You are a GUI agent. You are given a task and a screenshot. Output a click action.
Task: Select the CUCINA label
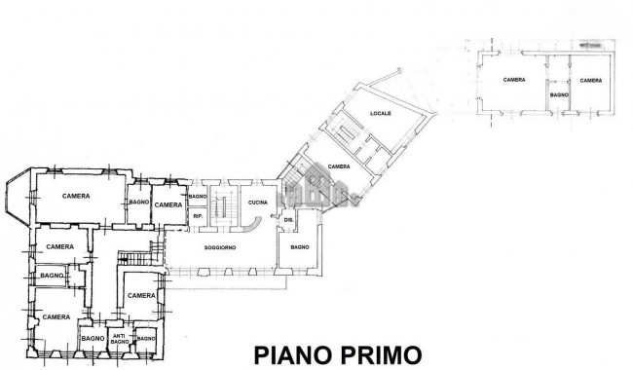click(258, 202)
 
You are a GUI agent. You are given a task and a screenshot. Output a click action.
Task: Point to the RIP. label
click(197, 215)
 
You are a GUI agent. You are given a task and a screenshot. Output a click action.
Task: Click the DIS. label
click(288, 220)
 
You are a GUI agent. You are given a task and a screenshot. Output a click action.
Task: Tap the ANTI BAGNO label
click(119, 338)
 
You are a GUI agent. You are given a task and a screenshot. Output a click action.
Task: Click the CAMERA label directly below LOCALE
click(339, 166)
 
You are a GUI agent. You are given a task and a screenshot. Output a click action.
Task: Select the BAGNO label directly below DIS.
click(298, 248)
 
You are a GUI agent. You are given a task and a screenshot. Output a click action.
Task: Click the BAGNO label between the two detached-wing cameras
click(559, 95)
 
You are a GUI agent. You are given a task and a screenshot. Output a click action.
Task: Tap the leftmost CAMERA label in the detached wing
click(514, 79)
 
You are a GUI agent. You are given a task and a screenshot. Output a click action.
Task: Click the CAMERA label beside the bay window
click(75, 196)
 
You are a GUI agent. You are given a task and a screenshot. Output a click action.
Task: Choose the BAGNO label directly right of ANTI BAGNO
click(146, 338)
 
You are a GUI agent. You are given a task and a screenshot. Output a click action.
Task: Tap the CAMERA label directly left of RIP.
click(168, 204)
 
